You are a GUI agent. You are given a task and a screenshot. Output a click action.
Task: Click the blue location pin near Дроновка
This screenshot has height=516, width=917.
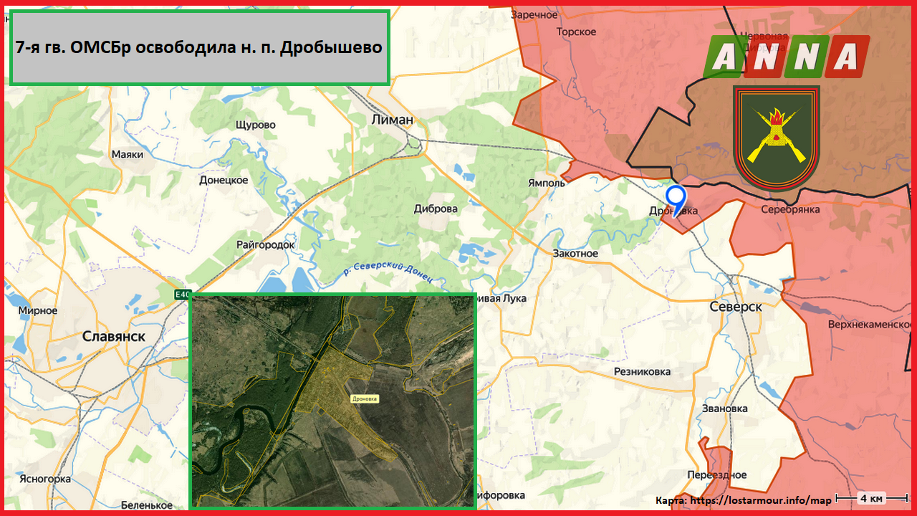676,197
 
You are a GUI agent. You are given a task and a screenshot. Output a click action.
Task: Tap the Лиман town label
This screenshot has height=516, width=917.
393,120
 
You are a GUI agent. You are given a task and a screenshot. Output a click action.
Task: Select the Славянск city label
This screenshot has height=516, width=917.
114,336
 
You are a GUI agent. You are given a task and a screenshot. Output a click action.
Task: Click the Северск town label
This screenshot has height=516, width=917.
736,306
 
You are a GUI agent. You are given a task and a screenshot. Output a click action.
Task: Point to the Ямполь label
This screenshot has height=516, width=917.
547,183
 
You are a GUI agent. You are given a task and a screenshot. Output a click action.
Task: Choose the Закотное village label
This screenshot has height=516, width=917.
575,254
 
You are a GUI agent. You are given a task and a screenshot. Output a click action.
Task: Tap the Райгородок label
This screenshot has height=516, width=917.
266,244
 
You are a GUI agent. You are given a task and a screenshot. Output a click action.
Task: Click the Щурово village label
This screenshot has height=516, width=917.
255,125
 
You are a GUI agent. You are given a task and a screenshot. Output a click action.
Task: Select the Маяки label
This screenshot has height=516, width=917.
128,154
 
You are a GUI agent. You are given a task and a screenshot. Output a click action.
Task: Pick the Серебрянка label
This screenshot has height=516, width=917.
790,209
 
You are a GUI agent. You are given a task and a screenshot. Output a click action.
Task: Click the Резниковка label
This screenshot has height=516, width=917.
643,371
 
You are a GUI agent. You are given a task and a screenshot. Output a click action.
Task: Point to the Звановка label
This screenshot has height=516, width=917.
725,408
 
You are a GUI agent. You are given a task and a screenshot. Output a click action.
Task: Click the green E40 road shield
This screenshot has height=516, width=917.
183,294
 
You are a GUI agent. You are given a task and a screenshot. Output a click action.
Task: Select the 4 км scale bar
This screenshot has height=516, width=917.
871,498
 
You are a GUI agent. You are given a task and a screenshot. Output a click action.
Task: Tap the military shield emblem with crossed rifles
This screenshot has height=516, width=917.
776,136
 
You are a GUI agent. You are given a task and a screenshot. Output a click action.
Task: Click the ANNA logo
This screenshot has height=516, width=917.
786,56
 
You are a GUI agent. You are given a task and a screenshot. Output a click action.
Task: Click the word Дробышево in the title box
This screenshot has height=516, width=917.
330,48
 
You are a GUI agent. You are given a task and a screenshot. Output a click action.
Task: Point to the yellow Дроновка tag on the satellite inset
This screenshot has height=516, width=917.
364,398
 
